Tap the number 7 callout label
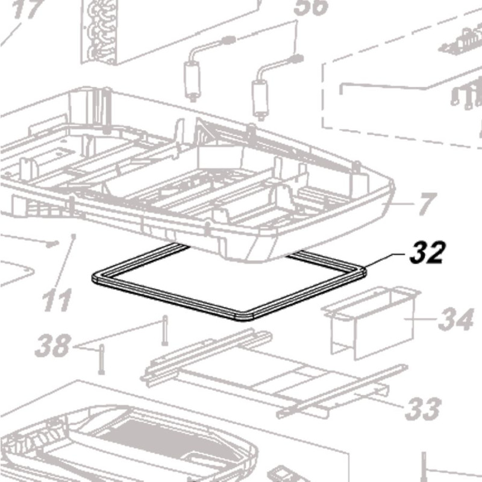pos(425,205)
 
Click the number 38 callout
pos(52,346)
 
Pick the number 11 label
pos(57,299)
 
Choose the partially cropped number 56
pos(311,7)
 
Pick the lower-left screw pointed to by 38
pos(101,359)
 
